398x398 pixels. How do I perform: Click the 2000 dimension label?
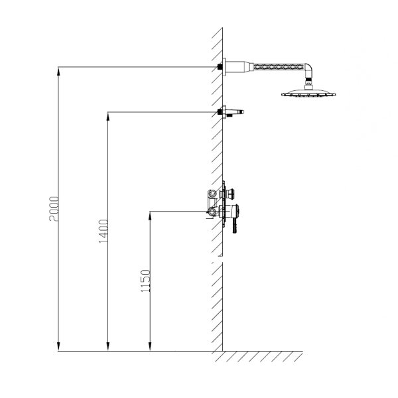[x=54, y=209]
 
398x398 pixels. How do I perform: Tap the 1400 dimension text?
[x=103, y=231]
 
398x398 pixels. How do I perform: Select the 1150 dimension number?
[x=145, y=281]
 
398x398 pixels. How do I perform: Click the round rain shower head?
[x=308, y=93]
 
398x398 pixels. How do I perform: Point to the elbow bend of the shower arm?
[x=308, y=69]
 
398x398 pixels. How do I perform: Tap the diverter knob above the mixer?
[x=230, y=194]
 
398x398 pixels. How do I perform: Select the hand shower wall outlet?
[x=232, y=112]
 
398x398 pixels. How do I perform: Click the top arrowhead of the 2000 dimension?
[x=58, y=72]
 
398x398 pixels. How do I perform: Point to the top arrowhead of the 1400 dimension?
[x=108, y=117]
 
